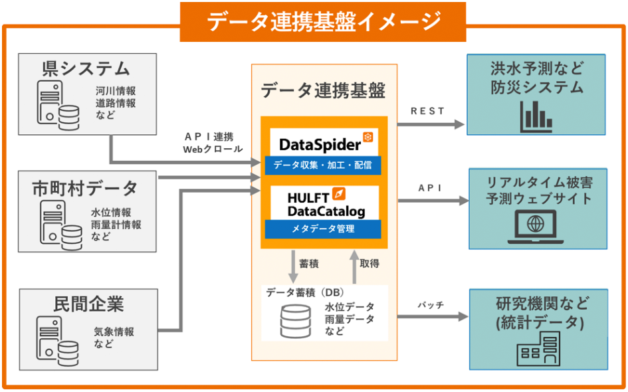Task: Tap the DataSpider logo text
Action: (319, 144)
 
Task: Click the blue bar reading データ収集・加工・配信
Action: (323, 165)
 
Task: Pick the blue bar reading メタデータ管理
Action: (323, 229)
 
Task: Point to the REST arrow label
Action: (427, 111)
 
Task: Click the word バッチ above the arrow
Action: (430, 305)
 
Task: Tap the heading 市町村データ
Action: (85, 188)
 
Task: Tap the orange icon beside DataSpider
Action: (367, 138)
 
